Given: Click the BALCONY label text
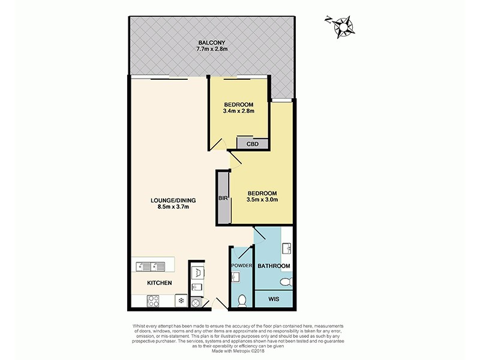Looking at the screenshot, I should point(211,43).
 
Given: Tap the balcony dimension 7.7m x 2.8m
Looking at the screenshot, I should point(211,50).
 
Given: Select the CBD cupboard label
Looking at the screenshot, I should point(252,143).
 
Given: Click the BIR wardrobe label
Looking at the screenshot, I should point(222,198).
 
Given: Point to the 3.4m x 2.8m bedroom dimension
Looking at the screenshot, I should point(238,111).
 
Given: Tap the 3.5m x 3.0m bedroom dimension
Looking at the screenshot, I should point(263,200).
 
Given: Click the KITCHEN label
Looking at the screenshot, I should point(160,283).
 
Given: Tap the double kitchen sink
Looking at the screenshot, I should point(150,265).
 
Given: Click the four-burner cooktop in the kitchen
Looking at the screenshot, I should point(151,299).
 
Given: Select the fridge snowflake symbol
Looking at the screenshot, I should point(179,299).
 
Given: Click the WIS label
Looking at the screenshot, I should point(274,298).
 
